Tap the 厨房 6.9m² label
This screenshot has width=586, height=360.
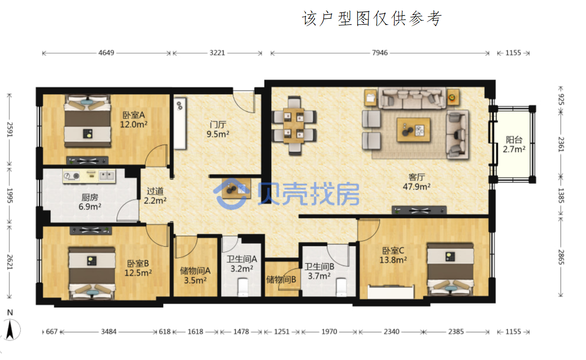pyautogui.click(x=90, y=202)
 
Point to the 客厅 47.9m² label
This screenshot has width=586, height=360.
pyautogui.click(x=417, y=182)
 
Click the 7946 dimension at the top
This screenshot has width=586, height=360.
pyautogui.click(x=380, y=53)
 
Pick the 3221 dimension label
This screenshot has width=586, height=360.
pyautogui.click(x=217, y=53)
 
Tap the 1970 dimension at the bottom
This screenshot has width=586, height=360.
pyautogui.click(x=329, y=332)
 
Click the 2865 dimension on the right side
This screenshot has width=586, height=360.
pyautogui.click(x=561, y=257)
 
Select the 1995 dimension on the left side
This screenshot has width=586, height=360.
pyautogui.click(x=10, y=196)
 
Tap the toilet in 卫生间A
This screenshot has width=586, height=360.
pyautogui.click(x=243, y=287)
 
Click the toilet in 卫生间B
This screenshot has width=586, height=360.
pyautogui.click(x=341, y=287)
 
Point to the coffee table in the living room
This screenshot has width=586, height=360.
pyautogui.click(x=413, y=130)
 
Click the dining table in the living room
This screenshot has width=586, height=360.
pyautogui.click(x=294, y=126)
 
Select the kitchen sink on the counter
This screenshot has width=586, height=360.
pyautogui.click(x=107, y=176)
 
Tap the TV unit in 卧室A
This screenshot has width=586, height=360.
pyautogui.click(x=87, y=161)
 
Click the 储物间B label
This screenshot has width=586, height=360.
pyautogui.click(x=281, y=280)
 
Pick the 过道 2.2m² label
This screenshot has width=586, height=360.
pyautogui.click(x=155, y=196)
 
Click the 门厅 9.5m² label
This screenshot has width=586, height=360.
pyautogui.click(x=218, y=129)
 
